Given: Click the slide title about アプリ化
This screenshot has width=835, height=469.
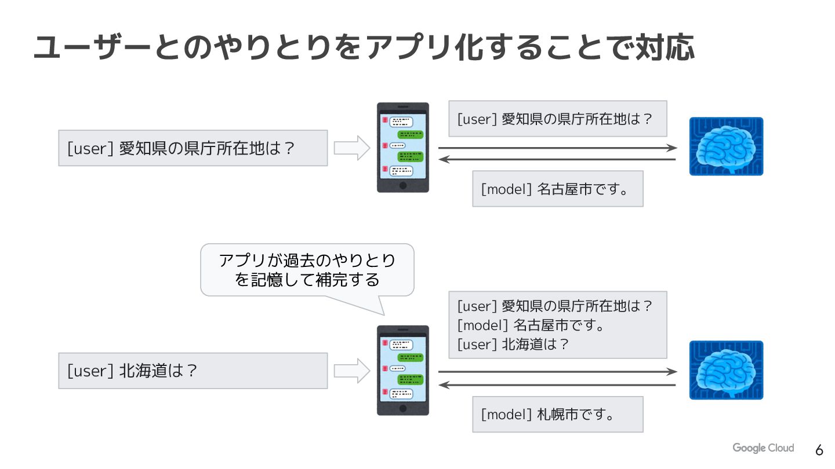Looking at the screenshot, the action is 364,47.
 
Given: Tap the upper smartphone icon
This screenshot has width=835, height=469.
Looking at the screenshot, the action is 403,147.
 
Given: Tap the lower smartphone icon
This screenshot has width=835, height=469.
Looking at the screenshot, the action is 403,370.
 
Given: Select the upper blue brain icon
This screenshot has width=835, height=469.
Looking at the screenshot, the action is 726,146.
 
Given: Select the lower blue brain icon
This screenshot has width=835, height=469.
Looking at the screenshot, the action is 726,370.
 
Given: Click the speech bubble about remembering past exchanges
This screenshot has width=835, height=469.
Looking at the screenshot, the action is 307,270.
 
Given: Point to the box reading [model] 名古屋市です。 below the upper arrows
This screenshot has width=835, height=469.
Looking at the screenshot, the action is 557,189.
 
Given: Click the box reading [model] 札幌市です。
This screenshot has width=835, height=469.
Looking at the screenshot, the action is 557,414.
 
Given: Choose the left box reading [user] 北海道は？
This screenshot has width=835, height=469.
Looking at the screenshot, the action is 193,371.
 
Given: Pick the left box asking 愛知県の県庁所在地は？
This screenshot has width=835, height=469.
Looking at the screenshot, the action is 193,148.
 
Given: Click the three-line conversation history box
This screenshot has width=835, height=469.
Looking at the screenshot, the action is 557,325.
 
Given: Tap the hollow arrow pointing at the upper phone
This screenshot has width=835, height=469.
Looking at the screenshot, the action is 352,148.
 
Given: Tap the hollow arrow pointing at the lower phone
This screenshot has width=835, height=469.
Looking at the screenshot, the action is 352,371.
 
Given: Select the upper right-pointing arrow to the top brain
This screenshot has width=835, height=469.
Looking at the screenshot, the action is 557,148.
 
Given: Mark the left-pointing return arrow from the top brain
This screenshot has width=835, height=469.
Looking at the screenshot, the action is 557,159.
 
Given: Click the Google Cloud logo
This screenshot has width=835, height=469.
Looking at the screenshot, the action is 763,448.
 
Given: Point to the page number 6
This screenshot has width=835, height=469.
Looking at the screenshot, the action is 819,450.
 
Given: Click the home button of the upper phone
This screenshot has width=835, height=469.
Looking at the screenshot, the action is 403,185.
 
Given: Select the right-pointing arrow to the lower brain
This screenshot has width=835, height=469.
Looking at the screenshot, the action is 557,372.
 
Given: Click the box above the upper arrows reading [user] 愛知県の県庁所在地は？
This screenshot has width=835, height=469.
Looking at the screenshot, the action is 557,119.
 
